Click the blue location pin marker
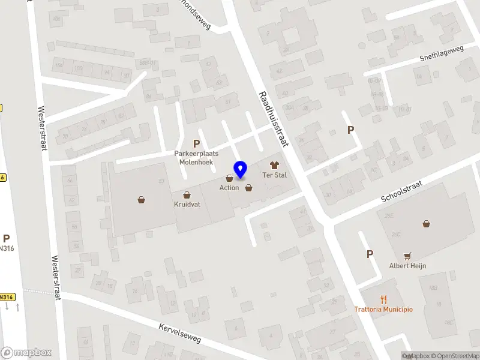[x=241, y=169]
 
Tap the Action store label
[x=229, y=188]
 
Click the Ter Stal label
[x=275, y=175]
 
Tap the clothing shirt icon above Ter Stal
[x=275, y=165]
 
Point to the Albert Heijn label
[x=408, y=266]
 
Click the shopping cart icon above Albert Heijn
[x=408, y=256]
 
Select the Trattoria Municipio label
[x=383, y=309]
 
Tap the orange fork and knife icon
[x=383, y=299]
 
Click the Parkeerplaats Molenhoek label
[x=196, y=158]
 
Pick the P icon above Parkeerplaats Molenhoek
[x=196, y=143]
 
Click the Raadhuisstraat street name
[x=275, y=119]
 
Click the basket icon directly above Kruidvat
[x=187, y=194]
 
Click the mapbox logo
[x=26, y=352]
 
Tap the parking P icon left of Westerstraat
[x=7, y=238]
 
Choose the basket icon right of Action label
[x=248, y=188]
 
